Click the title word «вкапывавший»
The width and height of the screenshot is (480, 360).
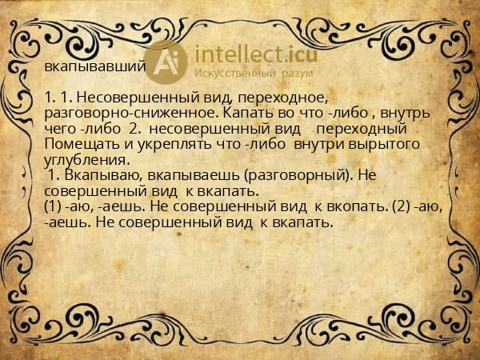pos(94,67)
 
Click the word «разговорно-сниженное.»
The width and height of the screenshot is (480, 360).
pos(129,114)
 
